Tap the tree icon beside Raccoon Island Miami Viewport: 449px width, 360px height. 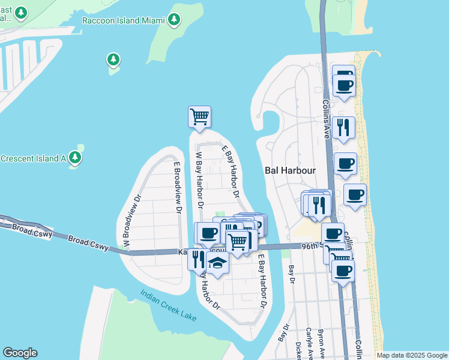174,20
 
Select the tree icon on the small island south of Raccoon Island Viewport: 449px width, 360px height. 113,59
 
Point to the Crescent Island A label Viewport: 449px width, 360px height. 33,158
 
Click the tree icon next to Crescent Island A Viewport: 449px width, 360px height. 75,158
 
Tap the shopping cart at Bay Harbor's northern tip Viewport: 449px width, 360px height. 199,116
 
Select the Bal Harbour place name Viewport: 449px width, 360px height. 290,170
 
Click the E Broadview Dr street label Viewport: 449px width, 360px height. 177,187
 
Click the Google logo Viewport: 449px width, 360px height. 20,353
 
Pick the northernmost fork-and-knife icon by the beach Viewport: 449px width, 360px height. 343,127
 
